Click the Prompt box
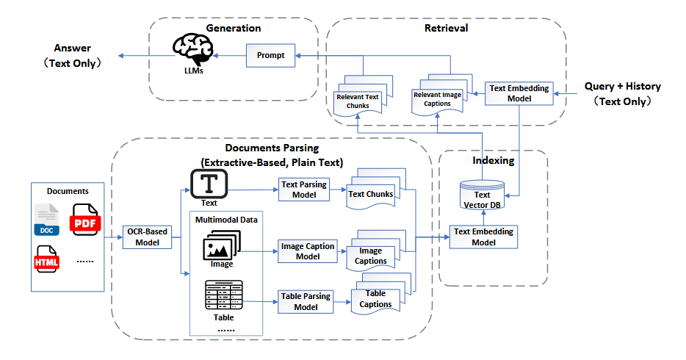pyautogui.click(x=270, y=56)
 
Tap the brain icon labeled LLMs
pyautogui.click(x=192, y=50)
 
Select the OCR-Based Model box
pyautogui.click(x=147, y=237)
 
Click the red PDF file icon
pyautogui.click(x=85, y=220)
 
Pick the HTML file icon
pyautogui.click(x=47, y=259)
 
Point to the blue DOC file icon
pyautogui.click(x=47, y=220)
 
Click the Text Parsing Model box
pyautogui.click(x=304, y=190)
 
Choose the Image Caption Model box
pyautogui.click(x=308, y=251)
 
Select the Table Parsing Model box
pyautogui.click(x=306, y=301)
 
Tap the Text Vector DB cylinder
pyautogui.click(x=482, y=195)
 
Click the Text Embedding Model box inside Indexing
pyautogui.click(x=483, y=237)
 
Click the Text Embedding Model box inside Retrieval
pyautogui.click(x=519, y=93)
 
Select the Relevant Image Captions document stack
pyautogui.click(x=442, y=95)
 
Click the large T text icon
pyautogui.click(x=209, y=184)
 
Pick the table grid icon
pyautogui.click(x=223, y=295)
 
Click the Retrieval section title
pyautogui.click(x=446, y=28)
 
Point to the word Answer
pyautogui.click(x=72, y=48)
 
